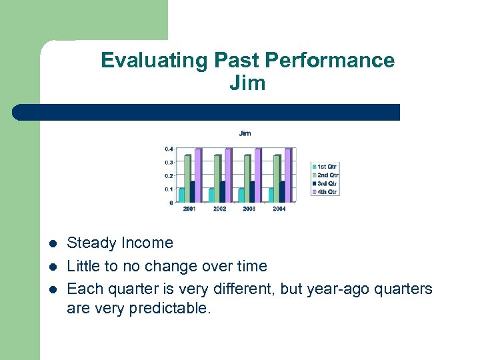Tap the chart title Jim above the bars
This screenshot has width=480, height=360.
[x=245, y=133]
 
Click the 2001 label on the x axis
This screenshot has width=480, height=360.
[x=190, y=209]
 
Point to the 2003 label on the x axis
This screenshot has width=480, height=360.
[x=249, y=209]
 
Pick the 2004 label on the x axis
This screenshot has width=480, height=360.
[x=279, y=209]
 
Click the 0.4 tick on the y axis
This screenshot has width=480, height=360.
[x=169, y=148]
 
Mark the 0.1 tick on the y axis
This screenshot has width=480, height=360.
[x=169, y=189]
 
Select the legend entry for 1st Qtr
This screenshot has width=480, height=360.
[x=325, y=166]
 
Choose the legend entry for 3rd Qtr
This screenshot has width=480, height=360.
[x=325, y=183]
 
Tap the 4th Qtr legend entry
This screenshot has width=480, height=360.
[x=325, y=192]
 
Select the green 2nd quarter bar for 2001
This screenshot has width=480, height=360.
[x=187, y=178]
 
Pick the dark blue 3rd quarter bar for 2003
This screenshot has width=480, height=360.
[x=252, y=191]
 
